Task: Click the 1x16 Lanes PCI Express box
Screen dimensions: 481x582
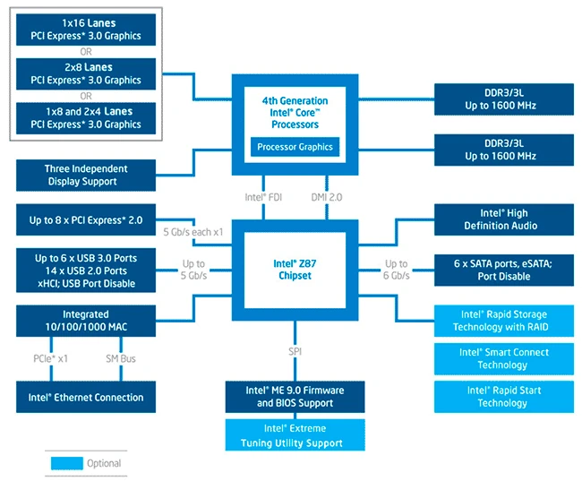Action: [86, 29]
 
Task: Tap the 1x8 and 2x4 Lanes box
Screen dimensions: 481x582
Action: [86, 118]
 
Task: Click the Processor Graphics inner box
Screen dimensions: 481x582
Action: [295, 147]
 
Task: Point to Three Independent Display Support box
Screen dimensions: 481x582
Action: [86, 175]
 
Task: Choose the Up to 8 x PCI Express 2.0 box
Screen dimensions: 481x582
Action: [86, 219]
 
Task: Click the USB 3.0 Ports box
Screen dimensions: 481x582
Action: [86, 271]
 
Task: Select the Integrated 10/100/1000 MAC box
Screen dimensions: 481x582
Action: [86, 321]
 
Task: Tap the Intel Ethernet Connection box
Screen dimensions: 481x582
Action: [86, 397]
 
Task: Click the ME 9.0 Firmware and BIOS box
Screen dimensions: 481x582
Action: [295, 397]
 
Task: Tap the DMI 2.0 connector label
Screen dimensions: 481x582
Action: [328, 196]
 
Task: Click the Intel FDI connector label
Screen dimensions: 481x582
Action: [265, 196]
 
